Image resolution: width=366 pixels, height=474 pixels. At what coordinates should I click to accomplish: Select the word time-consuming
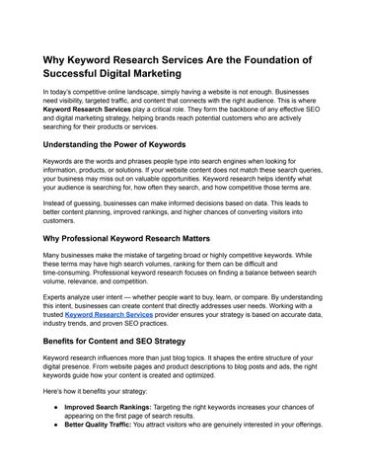click(x=73, y=274)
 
